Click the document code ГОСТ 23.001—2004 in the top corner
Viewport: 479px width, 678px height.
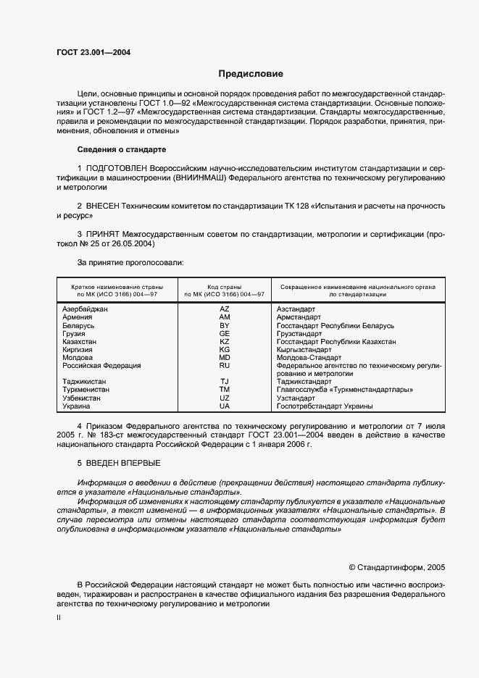[93, 52]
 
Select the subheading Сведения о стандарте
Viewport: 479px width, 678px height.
[121, 149]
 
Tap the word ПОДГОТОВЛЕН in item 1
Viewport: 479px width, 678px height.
[115, 168]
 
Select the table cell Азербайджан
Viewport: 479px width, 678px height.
[85, 309]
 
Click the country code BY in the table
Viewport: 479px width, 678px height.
[224, 326]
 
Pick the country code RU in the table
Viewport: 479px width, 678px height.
[224, 366]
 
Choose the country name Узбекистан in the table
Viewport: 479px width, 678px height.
[83, 398]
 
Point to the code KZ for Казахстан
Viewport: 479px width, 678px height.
[224, 342]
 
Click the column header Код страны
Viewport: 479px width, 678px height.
[224, 288]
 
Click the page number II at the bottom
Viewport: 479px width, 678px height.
[59, 618]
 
